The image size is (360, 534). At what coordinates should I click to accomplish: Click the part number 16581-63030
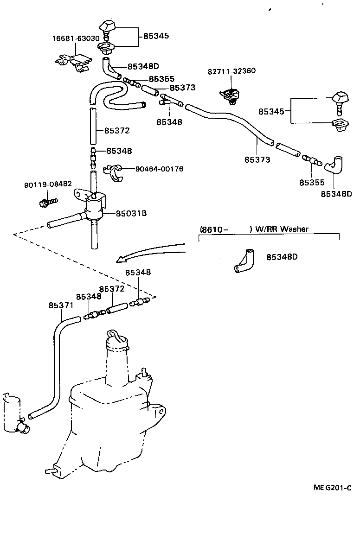(x=76, y=38)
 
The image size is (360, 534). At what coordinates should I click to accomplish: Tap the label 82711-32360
(x=231, y=71)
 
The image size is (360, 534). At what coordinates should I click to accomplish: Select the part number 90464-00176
(x=159, y=169)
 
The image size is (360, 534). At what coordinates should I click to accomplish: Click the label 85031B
(x=131, y=213)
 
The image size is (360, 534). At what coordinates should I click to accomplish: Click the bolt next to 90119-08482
(x=48, y=202)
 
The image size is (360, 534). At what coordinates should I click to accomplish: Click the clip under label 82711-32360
(x=230, y=95)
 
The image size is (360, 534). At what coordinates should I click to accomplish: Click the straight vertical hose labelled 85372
(x=92, y=127)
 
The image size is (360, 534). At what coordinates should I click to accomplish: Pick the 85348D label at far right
(x=336, y=194)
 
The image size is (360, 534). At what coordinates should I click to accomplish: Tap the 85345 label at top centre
(x=156, y=35)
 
